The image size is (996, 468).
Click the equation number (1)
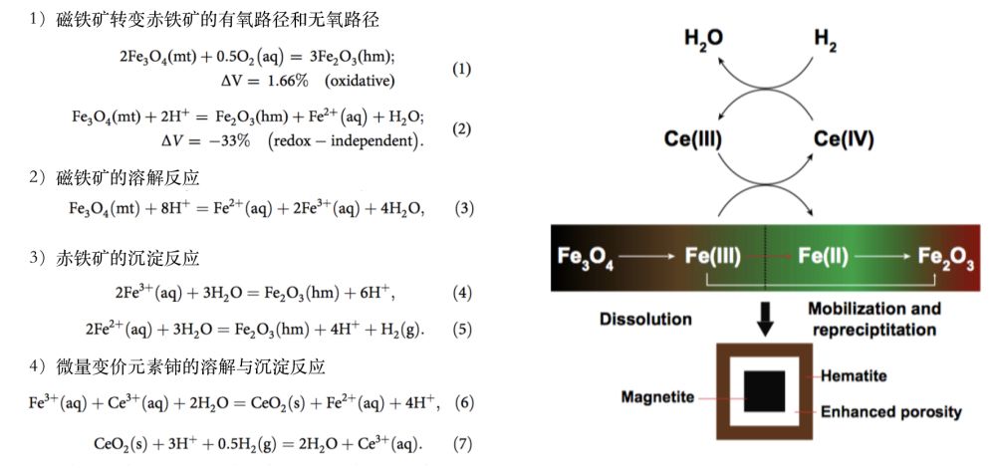[x=461, y=70]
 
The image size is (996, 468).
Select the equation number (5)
[x=461, y=329]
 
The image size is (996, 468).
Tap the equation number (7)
[x=461, y=443]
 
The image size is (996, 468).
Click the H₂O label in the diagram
[x=703, y=39]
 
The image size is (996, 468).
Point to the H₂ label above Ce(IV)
[x=826, y=39]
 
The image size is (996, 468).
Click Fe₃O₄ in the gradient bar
[x=589, y=256]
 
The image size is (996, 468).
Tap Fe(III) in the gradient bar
[x=713, y=256]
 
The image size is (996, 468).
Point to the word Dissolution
[x=645, y=320]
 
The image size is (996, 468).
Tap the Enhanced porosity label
[x=890, y=411]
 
